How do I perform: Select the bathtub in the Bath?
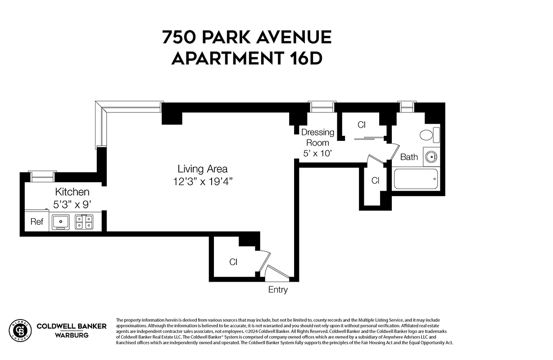416,179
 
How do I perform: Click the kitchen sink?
59,222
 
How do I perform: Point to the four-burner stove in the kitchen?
84,222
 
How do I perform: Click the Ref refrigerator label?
36,222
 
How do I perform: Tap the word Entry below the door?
277,290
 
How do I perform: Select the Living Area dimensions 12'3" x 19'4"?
202,181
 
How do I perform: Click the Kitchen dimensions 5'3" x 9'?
72,203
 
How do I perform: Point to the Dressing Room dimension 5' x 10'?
317,153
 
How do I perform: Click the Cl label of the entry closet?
233,262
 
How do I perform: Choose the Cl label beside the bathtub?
375,180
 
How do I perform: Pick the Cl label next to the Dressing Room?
362,125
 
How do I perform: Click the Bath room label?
409,157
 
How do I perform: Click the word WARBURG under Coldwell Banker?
71,335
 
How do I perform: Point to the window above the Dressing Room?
322,106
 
